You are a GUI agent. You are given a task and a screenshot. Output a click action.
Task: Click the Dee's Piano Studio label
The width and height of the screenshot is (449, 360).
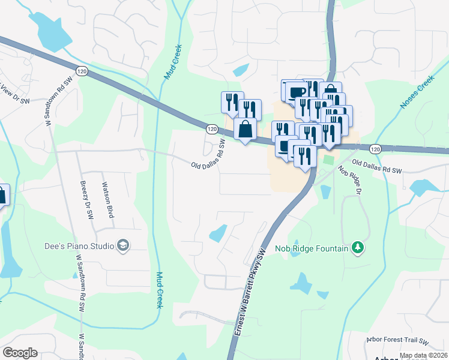80,245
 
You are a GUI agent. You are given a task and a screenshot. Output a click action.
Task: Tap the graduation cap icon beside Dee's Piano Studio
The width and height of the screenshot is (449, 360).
124,245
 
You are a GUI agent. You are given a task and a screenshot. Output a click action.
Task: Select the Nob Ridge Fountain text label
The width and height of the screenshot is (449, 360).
311,248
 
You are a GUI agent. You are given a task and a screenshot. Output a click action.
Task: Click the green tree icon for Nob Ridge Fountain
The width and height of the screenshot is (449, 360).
358,247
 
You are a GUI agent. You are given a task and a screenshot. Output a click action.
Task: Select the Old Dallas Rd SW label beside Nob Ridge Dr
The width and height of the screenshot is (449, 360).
376,166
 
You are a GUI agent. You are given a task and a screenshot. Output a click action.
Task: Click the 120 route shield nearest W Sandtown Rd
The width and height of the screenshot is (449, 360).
83,71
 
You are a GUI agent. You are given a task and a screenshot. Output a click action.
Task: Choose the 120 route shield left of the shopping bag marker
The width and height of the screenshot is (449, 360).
212,129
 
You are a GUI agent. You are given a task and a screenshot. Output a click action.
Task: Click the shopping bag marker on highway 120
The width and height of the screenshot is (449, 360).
245,130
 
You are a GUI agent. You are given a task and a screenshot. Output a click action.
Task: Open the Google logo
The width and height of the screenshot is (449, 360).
20,353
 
